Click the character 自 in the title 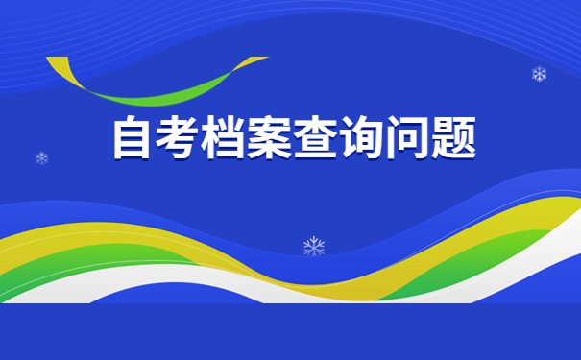(x=133, y=139)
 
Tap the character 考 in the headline (x=179, y=139)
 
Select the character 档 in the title (x=224, y=139)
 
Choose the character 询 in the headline (x=360, y=139)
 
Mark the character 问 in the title (x=405, y=139)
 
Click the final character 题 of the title (x=450, y=139)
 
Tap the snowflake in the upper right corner (x=539, y=74)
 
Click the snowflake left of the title (x=41, y=157)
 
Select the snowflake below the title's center (x=314, y=247)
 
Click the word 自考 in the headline (x=156, y=139)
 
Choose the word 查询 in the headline (x=337, y=139)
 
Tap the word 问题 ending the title (x=428, y=139)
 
